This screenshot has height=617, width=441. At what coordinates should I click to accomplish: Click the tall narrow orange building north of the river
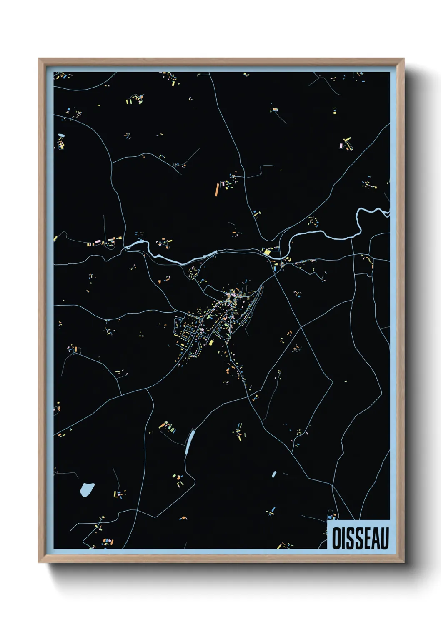tap(217, 190)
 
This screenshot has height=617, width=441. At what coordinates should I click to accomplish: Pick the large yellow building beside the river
tap(266, 251)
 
